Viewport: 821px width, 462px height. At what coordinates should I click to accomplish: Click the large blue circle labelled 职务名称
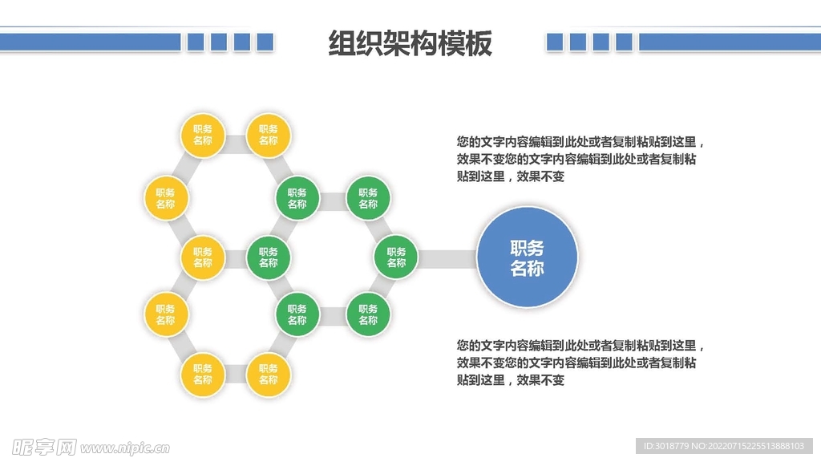527,257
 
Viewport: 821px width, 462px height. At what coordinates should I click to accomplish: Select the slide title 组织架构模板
410,43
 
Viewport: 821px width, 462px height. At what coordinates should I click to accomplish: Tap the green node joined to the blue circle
396,257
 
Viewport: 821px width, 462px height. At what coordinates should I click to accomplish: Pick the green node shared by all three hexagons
268,257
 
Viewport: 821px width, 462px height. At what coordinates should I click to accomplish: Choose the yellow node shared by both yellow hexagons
202,257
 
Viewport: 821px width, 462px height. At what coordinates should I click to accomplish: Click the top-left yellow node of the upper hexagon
202,135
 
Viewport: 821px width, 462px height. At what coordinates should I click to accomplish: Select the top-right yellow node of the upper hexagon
268,135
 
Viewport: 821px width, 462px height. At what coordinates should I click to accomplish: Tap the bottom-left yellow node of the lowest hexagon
202,375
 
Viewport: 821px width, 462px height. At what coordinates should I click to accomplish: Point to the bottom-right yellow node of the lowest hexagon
268,375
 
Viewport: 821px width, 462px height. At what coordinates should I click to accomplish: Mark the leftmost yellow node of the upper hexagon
165,198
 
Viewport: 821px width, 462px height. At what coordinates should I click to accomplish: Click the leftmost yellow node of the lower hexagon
165,314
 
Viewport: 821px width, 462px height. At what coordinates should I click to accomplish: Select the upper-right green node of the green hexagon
368,198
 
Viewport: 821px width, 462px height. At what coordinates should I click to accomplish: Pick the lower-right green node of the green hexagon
368,314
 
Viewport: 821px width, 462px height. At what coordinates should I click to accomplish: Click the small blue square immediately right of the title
555,42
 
